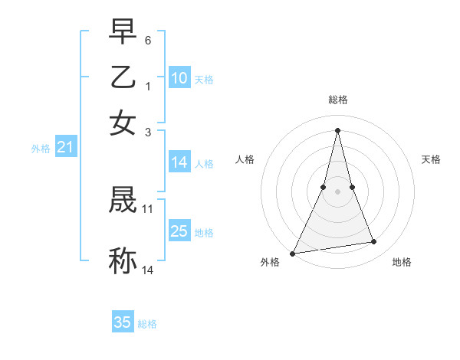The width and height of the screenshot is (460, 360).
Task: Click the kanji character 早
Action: (x=123, y=32)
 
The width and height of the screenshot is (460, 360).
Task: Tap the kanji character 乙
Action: (x=123, y=77)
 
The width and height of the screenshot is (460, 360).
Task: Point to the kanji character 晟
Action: (x=123, y=201)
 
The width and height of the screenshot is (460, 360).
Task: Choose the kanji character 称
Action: (x=123, y=260)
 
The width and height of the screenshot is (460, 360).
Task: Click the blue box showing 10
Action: (x=179, y=78)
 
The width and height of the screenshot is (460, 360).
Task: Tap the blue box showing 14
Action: (x=179, y=162)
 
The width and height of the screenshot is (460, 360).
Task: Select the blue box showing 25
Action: (x=179, y=231)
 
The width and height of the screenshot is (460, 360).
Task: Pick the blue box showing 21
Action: (x=65, y=148)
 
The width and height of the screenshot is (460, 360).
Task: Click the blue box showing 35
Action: (x=123, y=322)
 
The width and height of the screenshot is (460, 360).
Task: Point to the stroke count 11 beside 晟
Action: (x=148, y=208)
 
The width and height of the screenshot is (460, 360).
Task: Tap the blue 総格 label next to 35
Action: (x=147, y=324)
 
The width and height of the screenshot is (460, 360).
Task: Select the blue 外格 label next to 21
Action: (x=41, y=149)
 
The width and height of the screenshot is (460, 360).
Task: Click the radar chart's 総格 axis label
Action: (x=338, y=100)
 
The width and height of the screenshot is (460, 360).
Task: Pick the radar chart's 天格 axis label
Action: (x=432, y=159)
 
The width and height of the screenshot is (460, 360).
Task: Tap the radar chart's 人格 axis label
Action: (x=245, y=159)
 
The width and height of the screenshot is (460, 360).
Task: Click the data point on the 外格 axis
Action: (x=293, y=253)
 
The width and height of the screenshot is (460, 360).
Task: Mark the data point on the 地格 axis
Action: (x=374, y=242)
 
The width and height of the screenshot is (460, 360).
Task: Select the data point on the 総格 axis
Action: (x=338, y=130)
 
